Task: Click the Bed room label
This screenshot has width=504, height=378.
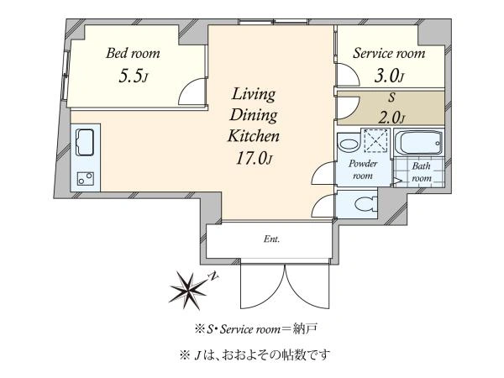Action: [x=133, y=54]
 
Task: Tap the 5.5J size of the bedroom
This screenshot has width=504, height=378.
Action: [x=133, y=76]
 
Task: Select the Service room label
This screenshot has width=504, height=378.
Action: [x=389, y=54]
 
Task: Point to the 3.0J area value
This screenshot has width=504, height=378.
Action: [x=389, y=76]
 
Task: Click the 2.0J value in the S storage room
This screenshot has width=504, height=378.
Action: [x=391, y=118]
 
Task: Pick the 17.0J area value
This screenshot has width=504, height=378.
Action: [x=254, y=158]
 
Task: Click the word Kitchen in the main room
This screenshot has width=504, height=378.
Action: [x=254, y=136]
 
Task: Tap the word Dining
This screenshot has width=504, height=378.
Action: [x=254, y=115]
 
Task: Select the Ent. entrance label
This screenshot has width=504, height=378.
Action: [x=271, y=239]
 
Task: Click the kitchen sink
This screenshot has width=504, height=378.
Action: [x=85, y=143]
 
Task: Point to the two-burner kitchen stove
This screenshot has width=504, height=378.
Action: [x=86, y=179]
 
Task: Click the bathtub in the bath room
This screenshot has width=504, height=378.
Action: [x=418, y=142]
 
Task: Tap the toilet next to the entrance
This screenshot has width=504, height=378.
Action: [x=366, y=204]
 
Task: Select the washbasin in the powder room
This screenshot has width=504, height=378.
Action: [x=348, y=144]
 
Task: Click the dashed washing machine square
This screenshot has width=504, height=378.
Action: [x=375, y=140]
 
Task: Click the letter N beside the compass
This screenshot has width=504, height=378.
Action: [x=213, y=275]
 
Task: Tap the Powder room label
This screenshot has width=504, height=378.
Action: [x=363, y=170]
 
